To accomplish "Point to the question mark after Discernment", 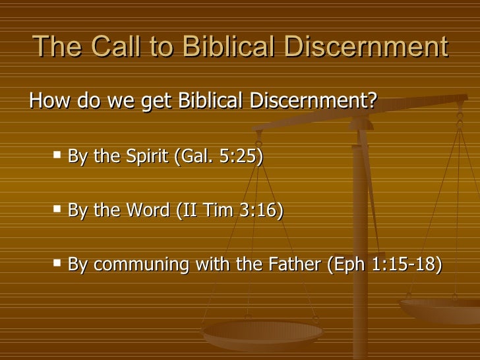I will tap(373, 102).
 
